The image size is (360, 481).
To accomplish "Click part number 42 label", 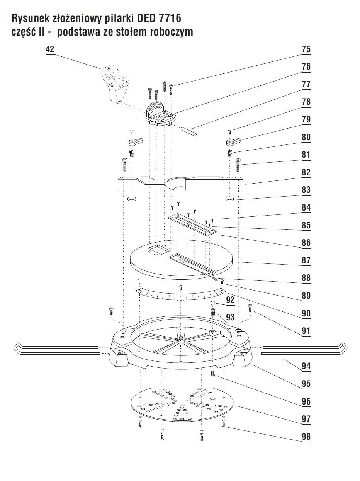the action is tap(50, 49).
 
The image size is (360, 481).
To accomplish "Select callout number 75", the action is tap(306, 49).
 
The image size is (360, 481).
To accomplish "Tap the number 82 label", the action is tap(306, 172).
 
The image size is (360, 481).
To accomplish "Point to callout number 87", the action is tap(306, 260).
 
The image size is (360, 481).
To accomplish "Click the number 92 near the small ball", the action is tap(230, 300).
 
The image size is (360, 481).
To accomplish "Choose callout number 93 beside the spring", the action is tap(230, 317).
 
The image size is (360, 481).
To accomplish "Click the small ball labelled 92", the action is tap(212, 303).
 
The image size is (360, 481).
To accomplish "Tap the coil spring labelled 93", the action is tap(212, 312).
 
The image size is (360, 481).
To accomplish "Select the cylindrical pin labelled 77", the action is tap(189, 131).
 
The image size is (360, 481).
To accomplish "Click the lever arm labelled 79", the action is tap(233, 142).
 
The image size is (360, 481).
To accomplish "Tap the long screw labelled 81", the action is tap(238, 165).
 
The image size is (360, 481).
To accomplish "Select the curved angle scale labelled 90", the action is tap(180, 294).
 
